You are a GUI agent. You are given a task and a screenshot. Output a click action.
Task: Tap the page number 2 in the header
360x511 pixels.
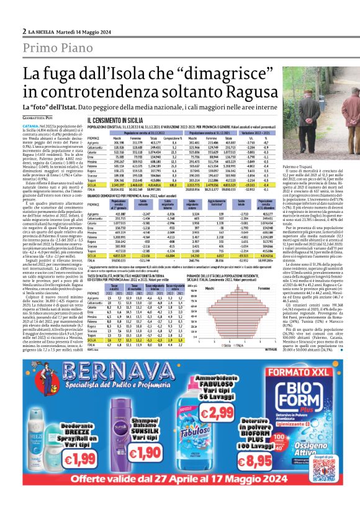coord(24,30)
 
